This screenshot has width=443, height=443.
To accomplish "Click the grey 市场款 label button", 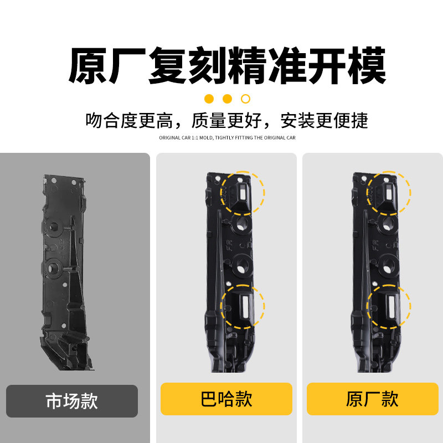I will pos(72,401).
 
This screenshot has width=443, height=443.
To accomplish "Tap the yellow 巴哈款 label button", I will pos(226,399).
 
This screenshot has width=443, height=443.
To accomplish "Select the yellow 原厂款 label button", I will pos(372,399).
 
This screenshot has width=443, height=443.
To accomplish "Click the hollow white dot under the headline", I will pos(246,99).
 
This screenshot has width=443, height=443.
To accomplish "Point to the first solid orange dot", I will pos(209,99).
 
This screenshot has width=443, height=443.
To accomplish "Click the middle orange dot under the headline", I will pos(227,99).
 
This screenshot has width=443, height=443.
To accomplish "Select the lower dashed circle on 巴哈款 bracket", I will pos(243,306).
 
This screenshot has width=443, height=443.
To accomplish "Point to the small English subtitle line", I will pos(227,138).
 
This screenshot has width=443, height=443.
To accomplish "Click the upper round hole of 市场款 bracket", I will pos(55,226).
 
